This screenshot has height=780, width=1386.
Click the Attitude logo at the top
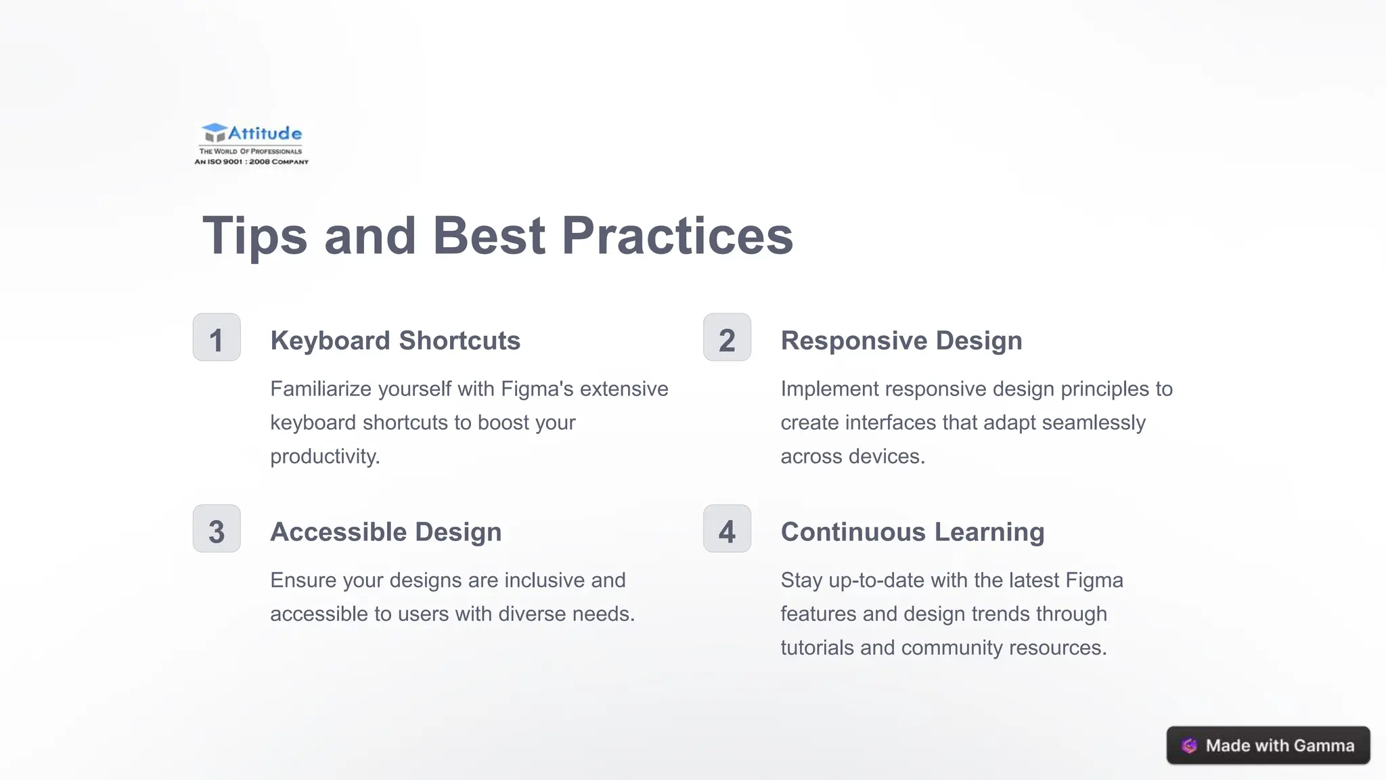pyautogui.click(x=251, y=144)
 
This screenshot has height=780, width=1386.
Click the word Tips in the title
pyautogui.click(x=255, y=236)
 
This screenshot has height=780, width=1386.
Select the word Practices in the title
pyautogui.click(x=677, y=236)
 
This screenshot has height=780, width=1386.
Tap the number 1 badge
pyautogui.click(x=217, y=337)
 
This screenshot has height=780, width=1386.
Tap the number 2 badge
pyautogui.click(x=727, y=337)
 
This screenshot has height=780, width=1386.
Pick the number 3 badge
pyautogui.click(x=217, y=529)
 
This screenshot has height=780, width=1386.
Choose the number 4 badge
pyautogui.click(x=727, y=529)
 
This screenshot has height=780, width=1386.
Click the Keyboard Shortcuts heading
pyautogui.click(x=395, y=341)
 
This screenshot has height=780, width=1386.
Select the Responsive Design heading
pyautogui.click(x=901, y=341)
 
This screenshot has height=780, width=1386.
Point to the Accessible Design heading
pyautogui.click(x=386, y=532)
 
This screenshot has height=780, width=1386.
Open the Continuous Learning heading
pyautogui.click(x=912, y=532)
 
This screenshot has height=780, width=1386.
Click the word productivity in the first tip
pyautogui.click(x=325, y=456)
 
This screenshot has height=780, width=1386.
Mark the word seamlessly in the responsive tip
pyautogui.click(x=1094, y=422)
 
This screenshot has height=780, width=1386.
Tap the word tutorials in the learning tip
pyautogui.click(x=818, y=648)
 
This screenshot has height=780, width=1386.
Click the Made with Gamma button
pyautogui.click(x=1268, y=745)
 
